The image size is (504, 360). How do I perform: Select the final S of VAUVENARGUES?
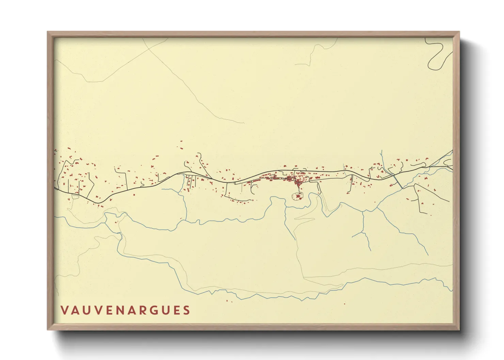pos(186,310)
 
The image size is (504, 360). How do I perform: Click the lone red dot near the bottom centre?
pos(344,304)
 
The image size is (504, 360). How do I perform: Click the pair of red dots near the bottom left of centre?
pos(229,301)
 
